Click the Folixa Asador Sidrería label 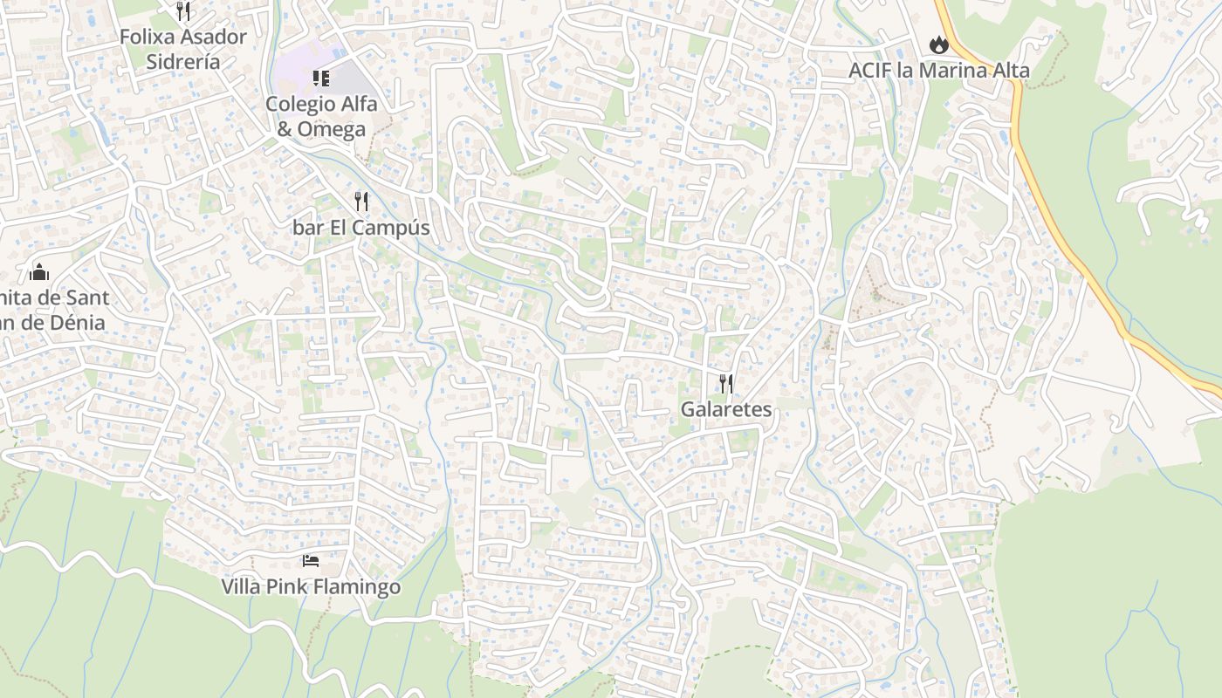[x=183, y=49]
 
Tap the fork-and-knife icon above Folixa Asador [x=183, y=10]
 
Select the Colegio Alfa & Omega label [x=321, y=116]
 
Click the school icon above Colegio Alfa [x=321, y=79]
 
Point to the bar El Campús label [x=361, y=228]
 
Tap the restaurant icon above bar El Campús [x=361, y=202]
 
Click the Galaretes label [x=726, y=409]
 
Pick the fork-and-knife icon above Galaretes [x=726, y=383]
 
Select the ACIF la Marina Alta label [x=939, y=71]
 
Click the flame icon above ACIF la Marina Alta [x=938, y=44]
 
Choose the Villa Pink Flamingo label [x=311, y=586]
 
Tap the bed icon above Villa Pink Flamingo [x=311, y=560]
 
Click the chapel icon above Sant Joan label [x=39, y=272]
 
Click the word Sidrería [x=183, y=62]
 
